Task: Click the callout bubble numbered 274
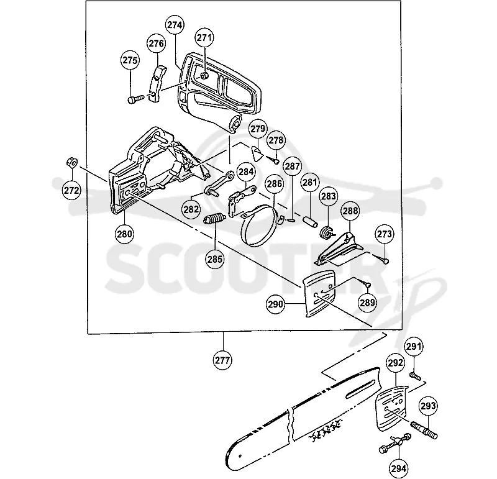pyautogui.click(x=175, y=25)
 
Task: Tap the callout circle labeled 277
pyautogui.click(x=223, y=360)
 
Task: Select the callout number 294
pyautogui.click(x=399, y=468)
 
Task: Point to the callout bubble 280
pyautogui.click(x=125, y=234)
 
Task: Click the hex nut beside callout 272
pyautogui.click(x=71, y=162)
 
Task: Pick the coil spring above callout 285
pyautogui.click(x=214, y=219)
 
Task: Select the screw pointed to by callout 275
pyautogui.click(x=135, y=99)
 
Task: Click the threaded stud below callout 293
pyautogui.click(x=424, y=430)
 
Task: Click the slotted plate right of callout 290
pyautogui.click(x=319, y=293)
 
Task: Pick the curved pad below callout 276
pyautogui.click(x=157, y=83)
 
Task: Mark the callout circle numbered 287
pyautogui.click(x=292, y=166)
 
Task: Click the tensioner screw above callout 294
pyautogui.click(x=395, y=443)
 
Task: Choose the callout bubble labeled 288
pyautogui.click(x=350, y=211)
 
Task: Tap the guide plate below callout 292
pyautogui.click(x=391, y=408)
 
